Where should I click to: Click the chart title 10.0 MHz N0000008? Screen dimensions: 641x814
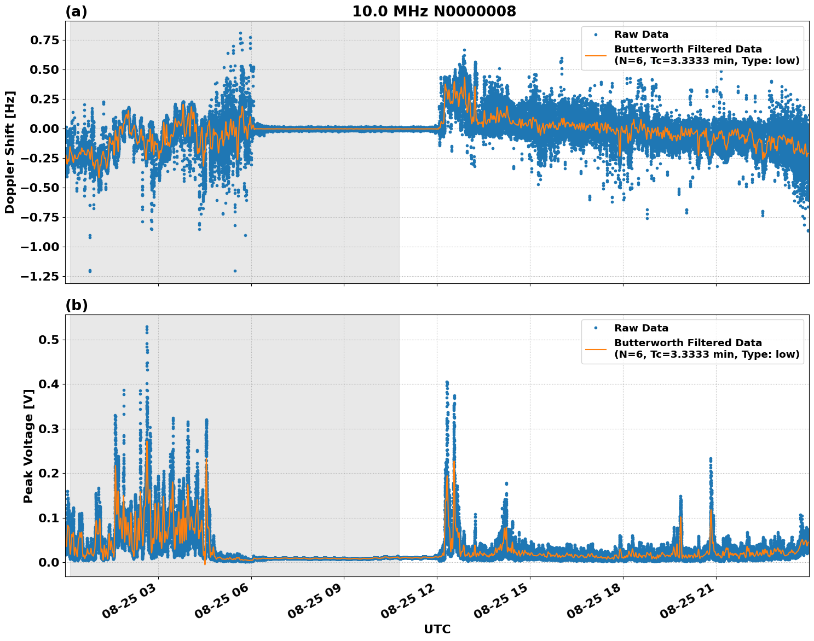pyautogui.click(x=434, y=11)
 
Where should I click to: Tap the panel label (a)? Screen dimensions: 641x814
pyautogui.click(x=76, y=11)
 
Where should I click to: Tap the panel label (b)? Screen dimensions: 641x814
pyautogui.click(x=76, y=305)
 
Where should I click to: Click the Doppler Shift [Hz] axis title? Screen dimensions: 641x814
pyautogui.click(x=10, y=152)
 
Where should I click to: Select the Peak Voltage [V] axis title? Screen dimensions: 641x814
pyautogui.click(x=28, y=446)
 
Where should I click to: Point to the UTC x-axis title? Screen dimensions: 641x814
pyautogui.click(x=437, y=629)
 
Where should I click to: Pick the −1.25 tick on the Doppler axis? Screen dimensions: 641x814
pyautogui.click(x=41, y=276)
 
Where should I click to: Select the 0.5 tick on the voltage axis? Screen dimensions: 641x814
pyautogui.click(x=50, y=340)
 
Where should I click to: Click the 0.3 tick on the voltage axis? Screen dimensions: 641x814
pyautogui.click(x=50, y=429)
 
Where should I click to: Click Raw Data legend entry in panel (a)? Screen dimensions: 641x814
pyautogui.click(x=641, y=34)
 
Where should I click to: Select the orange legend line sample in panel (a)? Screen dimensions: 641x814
pyautogui.click(x=596, y=55)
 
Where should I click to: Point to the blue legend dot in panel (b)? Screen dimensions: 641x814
pyautogui.click(x=596, y=328)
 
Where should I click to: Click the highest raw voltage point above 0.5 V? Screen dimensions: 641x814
pyautogui.click(x=147, y=327)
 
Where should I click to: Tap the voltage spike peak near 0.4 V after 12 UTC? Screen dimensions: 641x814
pyautogui.click(x=447, y=382)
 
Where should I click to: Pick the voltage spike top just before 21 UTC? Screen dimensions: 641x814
pyautogui.click(x=711, y=459)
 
